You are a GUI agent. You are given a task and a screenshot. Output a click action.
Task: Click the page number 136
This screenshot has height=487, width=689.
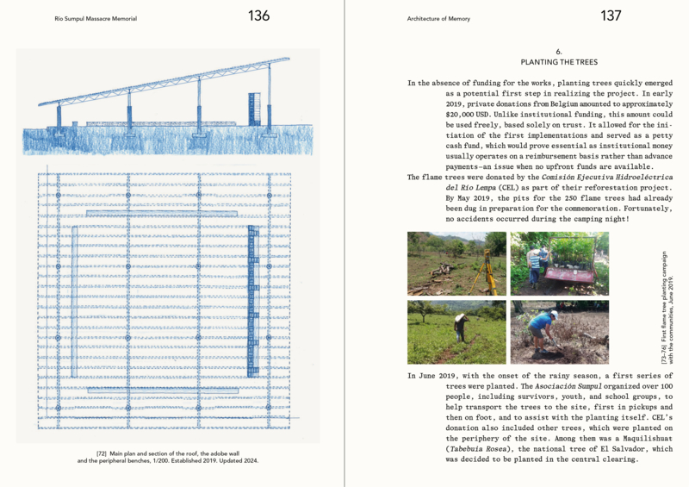tap(258, 16)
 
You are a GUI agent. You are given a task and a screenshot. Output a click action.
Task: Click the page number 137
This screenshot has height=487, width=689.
tap(611, 16)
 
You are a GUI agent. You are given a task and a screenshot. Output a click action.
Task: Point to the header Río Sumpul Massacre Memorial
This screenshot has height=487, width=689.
tap(95, 18)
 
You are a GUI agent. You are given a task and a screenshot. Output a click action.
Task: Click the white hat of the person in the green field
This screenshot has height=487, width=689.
tap(460, 317)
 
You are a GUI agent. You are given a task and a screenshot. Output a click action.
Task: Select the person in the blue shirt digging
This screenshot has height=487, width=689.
tap(540, 327)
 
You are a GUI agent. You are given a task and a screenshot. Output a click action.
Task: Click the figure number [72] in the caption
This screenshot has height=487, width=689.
tap(94, 453)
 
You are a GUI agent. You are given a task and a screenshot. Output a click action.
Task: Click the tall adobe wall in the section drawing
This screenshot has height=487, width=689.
tap(254, 109)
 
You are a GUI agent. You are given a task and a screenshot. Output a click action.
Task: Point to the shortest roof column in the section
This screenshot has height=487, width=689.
tap(59, 116)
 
